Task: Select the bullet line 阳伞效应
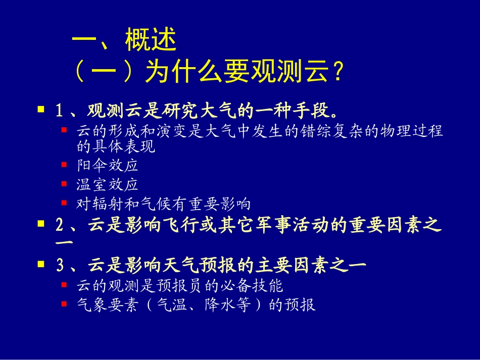pos(107,165)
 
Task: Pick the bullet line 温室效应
pos(107,184)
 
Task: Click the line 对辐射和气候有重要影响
pos(163,204)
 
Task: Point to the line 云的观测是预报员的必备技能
pos(179,286)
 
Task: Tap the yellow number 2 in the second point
pos(59,226)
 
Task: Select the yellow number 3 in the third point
pos(59,264)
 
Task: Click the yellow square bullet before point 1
pos(41,109)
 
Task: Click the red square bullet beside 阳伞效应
pos(64,165)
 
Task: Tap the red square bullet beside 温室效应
pos(64,184)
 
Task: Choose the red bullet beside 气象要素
pos(64,304)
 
